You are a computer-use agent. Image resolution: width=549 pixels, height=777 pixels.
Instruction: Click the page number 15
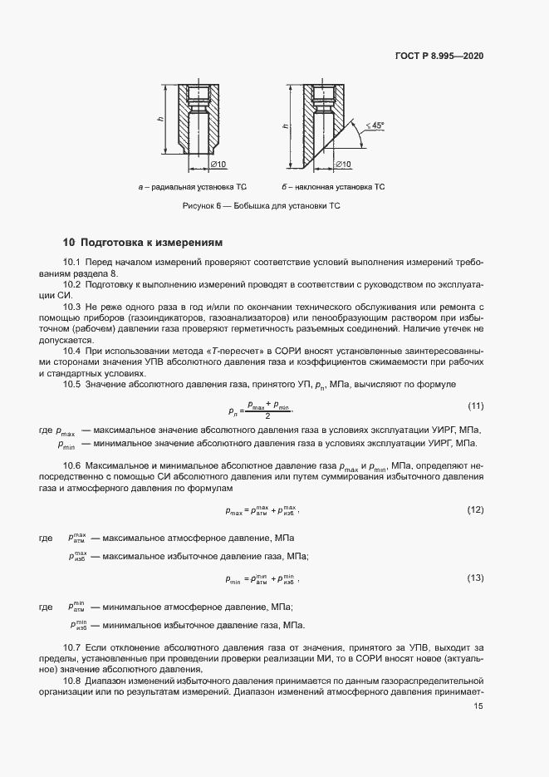pos(478,706)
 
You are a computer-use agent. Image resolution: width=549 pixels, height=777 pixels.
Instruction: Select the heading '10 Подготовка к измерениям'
pos(143,243)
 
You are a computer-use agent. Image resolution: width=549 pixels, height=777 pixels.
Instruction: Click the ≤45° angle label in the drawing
pos(375,125)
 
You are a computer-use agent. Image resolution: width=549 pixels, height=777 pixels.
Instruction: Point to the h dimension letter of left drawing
pos(161,120)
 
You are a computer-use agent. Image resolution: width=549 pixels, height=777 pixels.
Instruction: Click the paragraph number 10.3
pos(72,307)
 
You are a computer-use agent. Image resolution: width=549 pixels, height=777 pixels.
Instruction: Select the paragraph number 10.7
pos(72,647)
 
